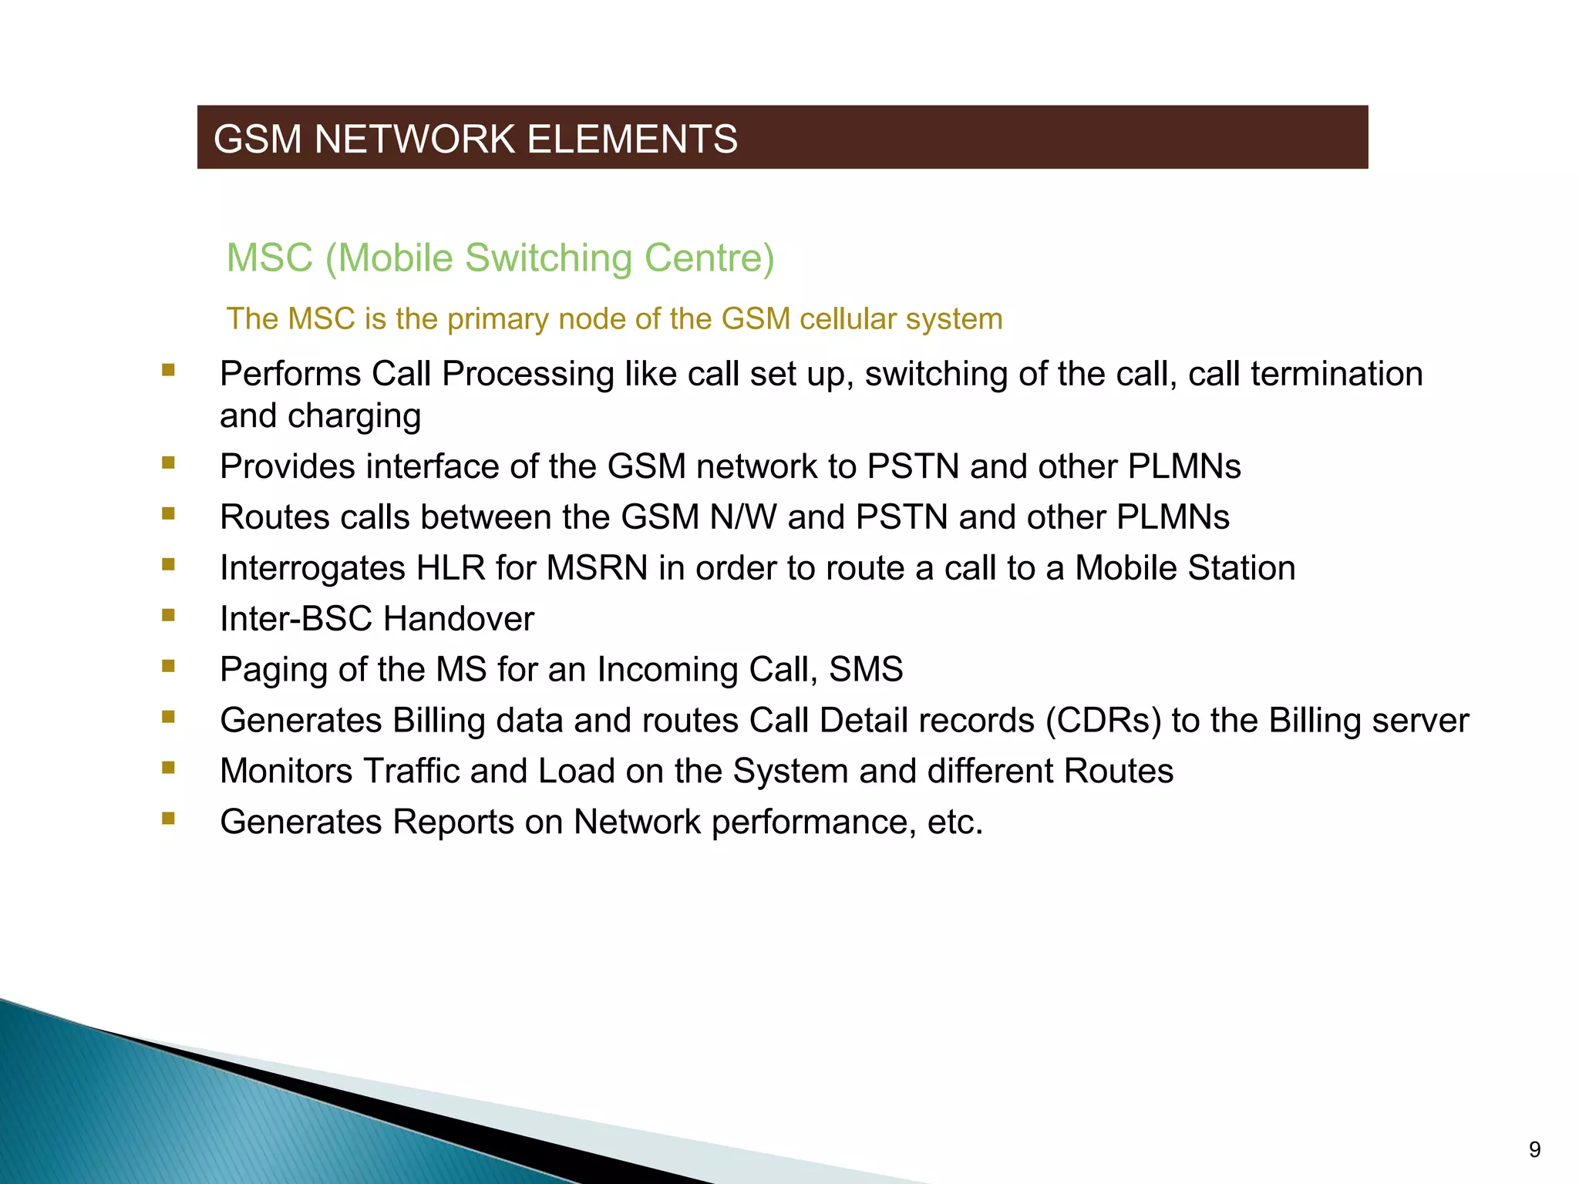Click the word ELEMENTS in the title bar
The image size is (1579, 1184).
click(632, 140)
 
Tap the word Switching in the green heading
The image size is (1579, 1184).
click(550, 257)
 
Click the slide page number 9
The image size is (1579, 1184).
click(1534, 1150)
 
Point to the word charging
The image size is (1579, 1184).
click(354, 416)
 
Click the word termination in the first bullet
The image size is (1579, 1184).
click(1336, 374)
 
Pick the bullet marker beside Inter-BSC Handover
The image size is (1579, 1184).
click(168, 615)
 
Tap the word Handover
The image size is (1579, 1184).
click(459, 619)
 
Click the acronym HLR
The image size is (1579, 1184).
click(451, 568)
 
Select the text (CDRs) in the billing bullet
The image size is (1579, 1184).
click(1103, 721)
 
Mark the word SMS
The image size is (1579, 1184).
click(866, 669)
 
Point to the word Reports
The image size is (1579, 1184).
click(453, 822)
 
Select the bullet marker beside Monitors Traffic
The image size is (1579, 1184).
click(168, 768)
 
